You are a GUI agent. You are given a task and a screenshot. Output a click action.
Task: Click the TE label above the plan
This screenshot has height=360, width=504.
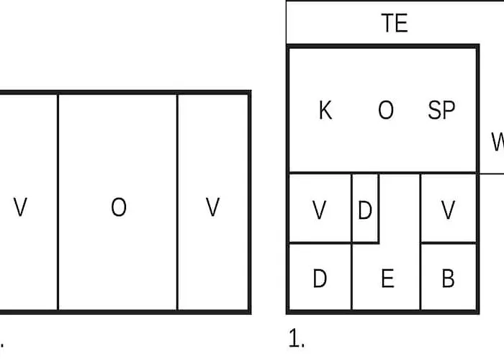click(x=395, y=23)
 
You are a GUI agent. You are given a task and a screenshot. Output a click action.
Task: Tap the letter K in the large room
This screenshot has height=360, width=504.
click(x=325, y=110)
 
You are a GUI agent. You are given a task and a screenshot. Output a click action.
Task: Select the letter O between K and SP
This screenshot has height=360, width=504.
click(x=386, y=110)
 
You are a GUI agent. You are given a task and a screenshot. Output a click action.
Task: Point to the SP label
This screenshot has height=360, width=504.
click(x=441, y=110)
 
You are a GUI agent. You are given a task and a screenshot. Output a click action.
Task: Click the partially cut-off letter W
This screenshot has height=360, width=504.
click(x=498, y=142)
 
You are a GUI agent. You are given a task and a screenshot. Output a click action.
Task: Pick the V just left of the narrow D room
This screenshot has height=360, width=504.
click(x=319, y=210)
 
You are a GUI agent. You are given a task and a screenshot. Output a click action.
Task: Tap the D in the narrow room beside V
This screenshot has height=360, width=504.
click(x=365, y=210)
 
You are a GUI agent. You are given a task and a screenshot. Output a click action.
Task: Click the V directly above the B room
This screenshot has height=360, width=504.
click(x=448, y=210)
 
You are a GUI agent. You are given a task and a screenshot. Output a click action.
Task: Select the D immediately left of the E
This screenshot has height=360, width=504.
click(x=320, y=279)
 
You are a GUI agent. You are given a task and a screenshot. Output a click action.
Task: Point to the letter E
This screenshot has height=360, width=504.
click(x=387, y=279)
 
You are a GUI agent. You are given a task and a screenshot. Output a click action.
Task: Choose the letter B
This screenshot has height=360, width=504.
click(x=448, y=279)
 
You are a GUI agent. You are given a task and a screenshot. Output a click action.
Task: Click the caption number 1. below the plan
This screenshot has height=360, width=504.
click(x=297, y=338)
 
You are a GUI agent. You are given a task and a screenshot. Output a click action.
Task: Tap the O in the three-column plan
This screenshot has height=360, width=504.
click(x=119, y=207)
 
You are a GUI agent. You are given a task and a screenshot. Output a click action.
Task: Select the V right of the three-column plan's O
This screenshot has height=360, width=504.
click(x=212, y=207)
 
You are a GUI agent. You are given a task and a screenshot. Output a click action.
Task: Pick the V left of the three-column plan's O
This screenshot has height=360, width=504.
click(x=20, y=207)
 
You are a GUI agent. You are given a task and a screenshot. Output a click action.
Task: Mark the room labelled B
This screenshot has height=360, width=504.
click(x=448, y=277)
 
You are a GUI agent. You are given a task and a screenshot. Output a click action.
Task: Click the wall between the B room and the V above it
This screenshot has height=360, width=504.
click(x=448, y=243)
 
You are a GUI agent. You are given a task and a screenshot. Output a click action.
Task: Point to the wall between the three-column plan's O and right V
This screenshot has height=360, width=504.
click(x=177, y=202)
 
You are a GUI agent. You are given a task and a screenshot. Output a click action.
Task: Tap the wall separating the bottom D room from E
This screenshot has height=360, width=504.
click(x=352, y=277)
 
